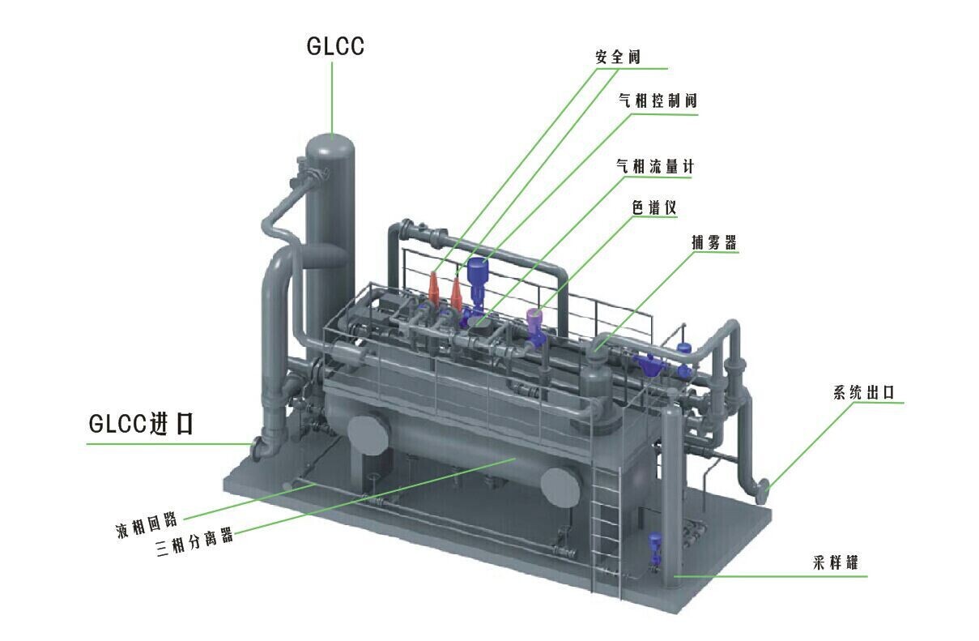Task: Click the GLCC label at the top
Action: click(335, 46)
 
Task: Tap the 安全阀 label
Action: click(618, 57)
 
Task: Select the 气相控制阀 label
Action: click(658, 100)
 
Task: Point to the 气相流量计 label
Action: click(655, 166)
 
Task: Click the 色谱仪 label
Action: click(654, 207)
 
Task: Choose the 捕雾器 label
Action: click(713, 242)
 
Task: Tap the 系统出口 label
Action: click(864, 392)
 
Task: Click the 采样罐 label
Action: click(835, 562)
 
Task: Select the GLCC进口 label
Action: click(141, 423)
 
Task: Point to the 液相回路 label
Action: click(147, 525)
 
